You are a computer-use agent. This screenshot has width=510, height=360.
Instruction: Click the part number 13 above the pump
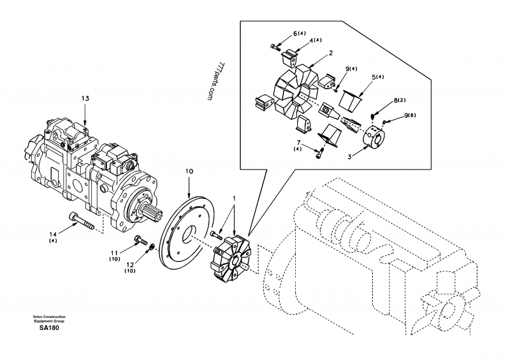[x=85, y=98]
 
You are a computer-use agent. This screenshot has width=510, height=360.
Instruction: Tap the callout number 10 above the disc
[x=189, y=171]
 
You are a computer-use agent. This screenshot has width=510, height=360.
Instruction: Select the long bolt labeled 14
[x=82, y=221]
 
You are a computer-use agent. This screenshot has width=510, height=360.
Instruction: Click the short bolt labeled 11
[x=140, y=240]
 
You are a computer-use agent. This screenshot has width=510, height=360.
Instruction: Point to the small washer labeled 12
[x=151, y=248]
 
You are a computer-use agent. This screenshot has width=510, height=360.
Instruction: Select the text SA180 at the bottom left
[x=49, y=328]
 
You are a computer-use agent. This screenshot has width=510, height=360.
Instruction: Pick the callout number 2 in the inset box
[x=331, y=53]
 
